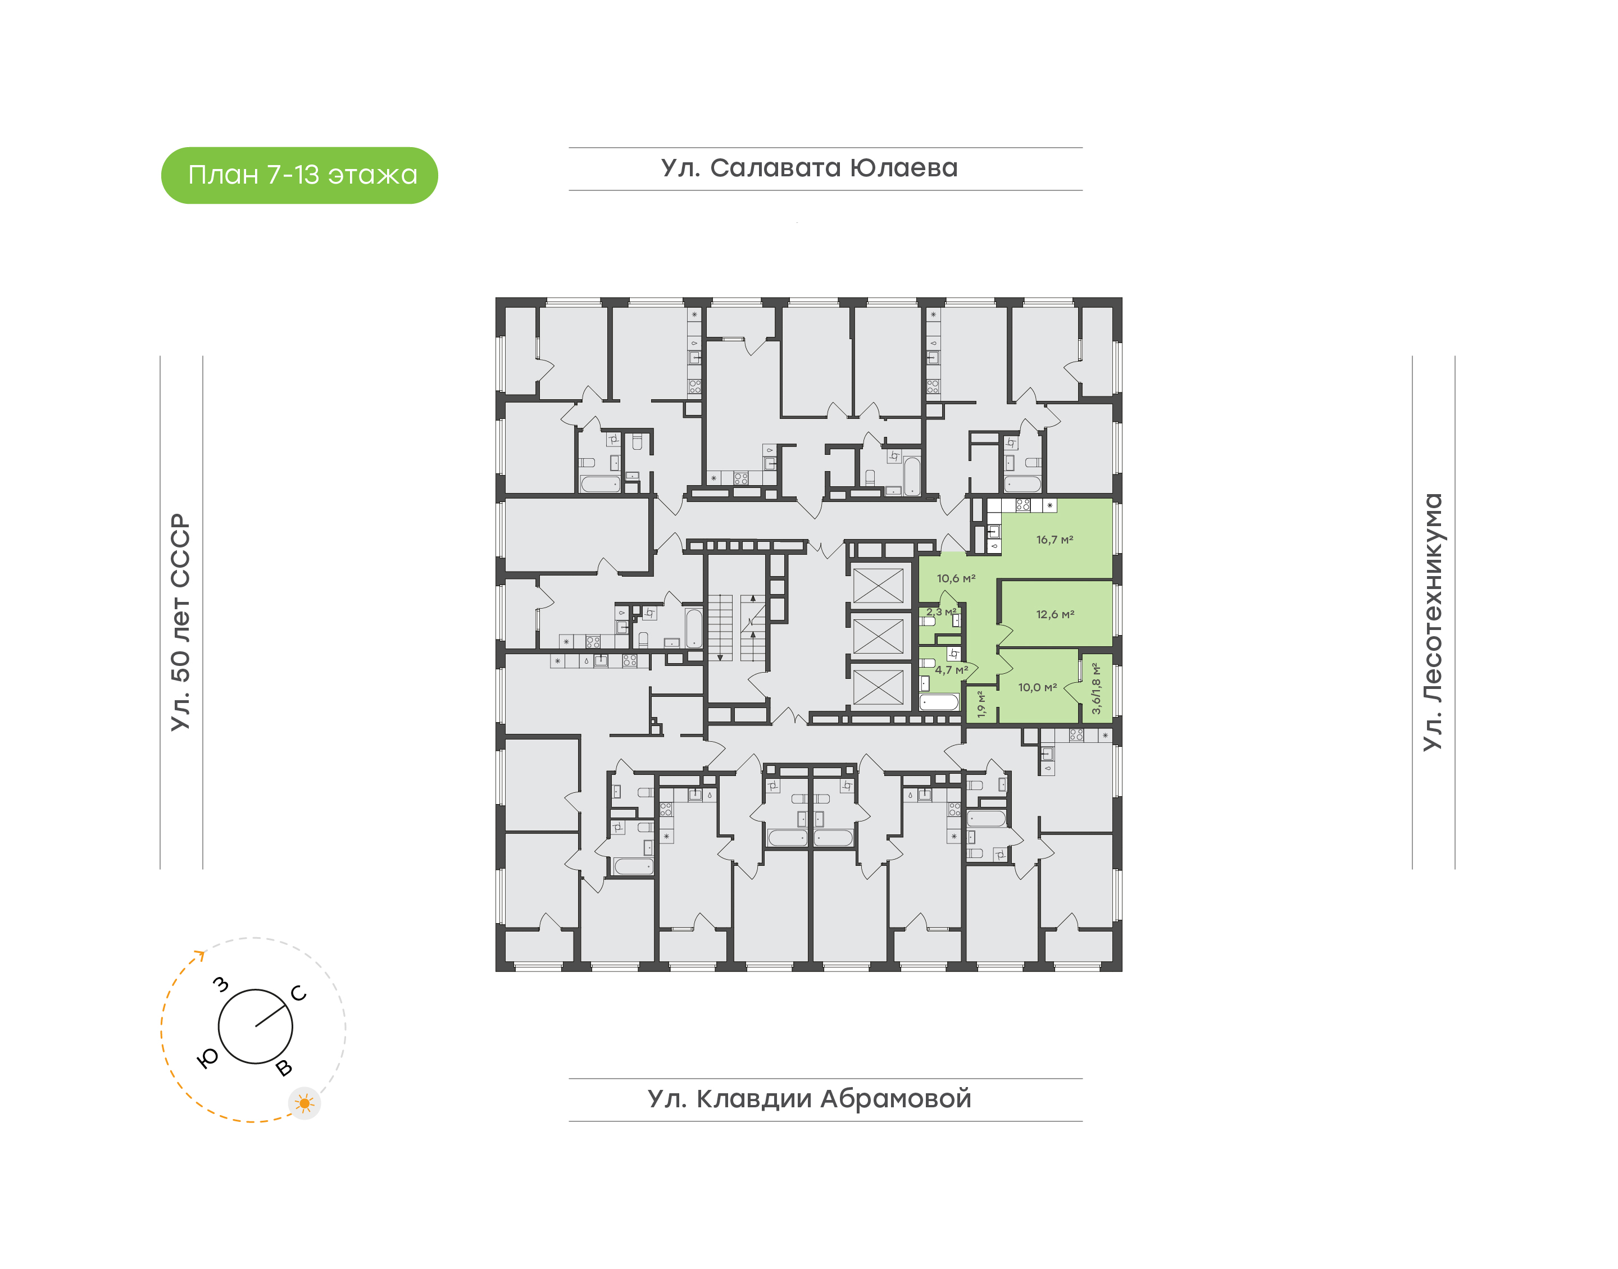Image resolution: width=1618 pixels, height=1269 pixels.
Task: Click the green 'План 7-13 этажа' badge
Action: (299, 175)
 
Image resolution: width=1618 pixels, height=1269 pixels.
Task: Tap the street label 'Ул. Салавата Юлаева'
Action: (810, 168)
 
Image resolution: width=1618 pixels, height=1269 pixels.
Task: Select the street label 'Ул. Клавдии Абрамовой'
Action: (810, 1098)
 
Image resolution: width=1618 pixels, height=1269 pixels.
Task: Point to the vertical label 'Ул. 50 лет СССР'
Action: (180, 622)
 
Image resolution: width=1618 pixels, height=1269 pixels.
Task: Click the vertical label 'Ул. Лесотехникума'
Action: (1432, 622)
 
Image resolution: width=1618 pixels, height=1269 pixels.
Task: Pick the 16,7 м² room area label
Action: (1055, 540)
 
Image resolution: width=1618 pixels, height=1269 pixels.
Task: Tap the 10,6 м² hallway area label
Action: (956, 579)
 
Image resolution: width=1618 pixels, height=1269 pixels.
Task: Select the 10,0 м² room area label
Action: (1038, 688)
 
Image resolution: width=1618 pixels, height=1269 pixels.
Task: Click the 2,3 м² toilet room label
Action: (942, 612)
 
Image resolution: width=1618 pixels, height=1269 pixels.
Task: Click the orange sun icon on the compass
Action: (304, 1103)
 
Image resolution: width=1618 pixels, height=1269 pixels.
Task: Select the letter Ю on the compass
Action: (208, 1059)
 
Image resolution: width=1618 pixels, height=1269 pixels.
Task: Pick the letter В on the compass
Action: (284, 1069)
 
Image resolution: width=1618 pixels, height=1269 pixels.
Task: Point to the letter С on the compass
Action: (299, 993)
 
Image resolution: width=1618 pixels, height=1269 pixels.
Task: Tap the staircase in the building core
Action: (737, 628)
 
